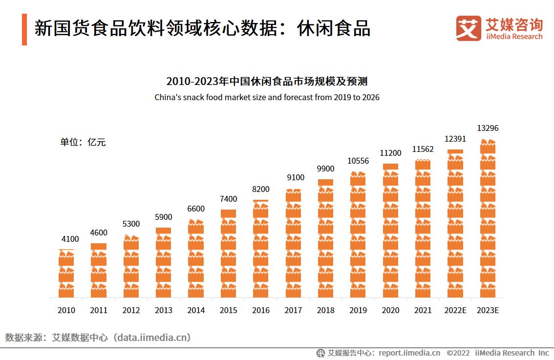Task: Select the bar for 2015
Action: tap(228, 254)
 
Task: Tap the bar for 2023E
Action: tap(488, 219)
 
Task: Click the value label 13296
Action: tap(488, 128)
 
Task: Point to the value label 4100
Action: tap(70, 239)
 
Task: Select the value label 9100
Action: tap(296, 178)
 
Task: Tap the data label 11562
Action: tap(423, 149)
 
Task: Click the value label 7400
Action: tap(228, 199)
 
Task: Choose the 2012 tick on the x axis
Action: tap(131, 310)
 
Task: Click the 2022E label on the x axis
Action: tap(455, 310)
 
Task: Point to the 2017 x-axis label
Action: tap(293, 310)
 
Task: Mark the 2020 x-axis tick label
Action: tap(390, 310)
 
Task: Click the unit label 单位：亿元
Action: tap(83, 143)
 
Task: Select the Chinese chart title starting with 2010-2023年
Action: tap(267, 81)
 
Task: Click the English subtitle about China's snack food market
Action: tap(267, 97)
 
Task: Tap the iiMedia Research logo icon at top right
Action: tap(468, 28)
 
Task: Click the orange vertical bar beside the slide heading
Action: tap(24, 29)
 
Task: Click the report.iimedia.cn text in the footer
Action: tap(409, 353)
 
